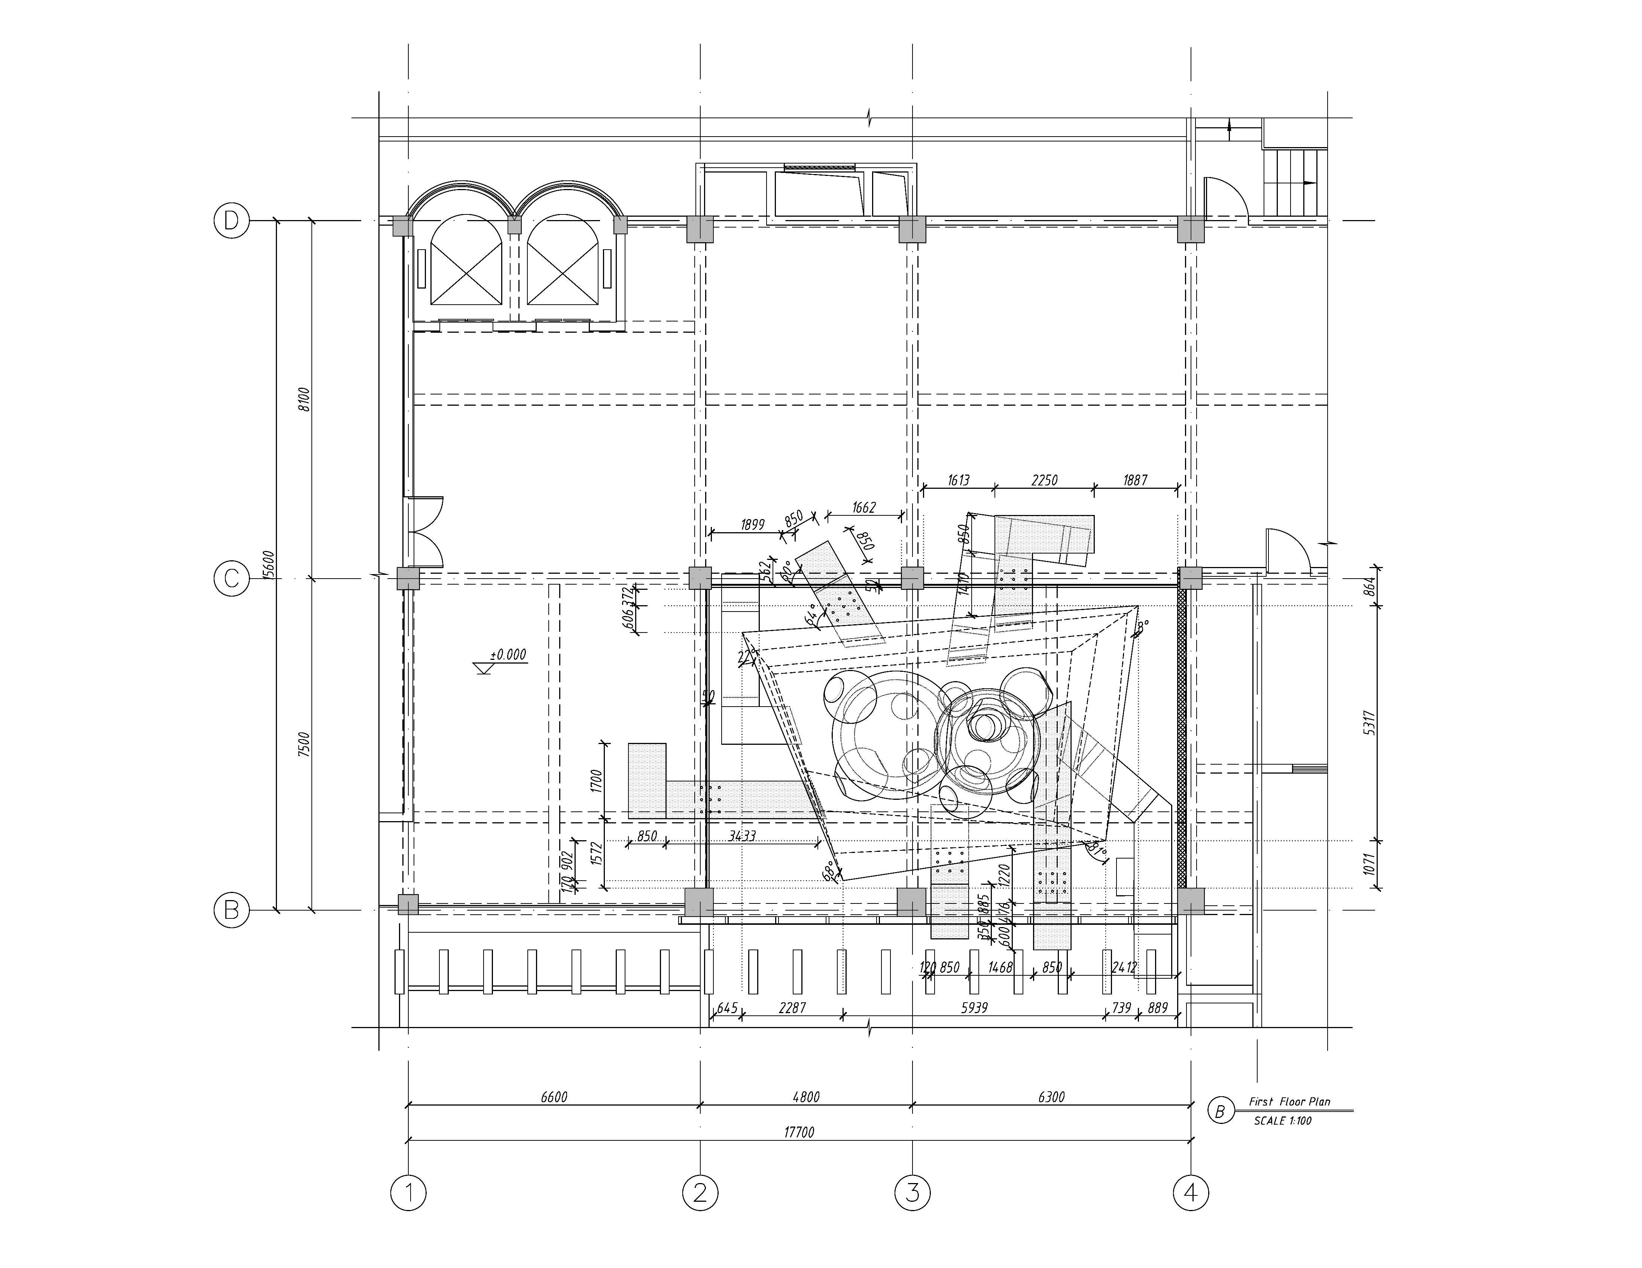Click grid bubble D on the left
231,221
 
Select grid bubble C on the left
231,579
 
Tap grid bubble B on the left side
231,910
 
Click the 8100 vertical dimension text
303,399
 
